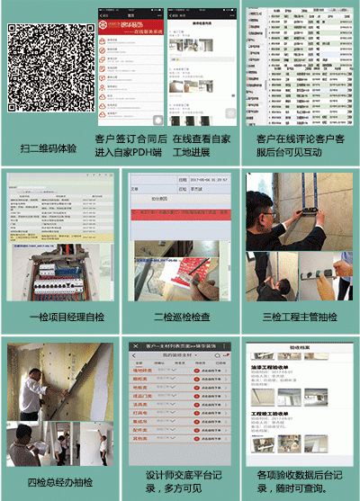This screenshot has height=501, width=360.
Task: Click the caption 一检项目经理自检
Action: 59,318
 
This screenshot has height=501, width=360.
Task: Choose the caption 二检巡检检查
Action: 180,318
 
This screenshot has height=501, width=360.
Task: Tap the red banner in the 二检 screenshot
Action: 180,216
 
